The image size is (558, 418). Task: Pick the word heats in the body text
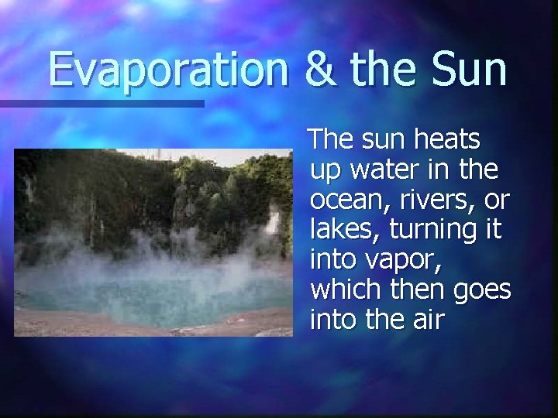point(447,140)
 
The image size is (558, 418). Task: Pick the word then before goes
point(418,290)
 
